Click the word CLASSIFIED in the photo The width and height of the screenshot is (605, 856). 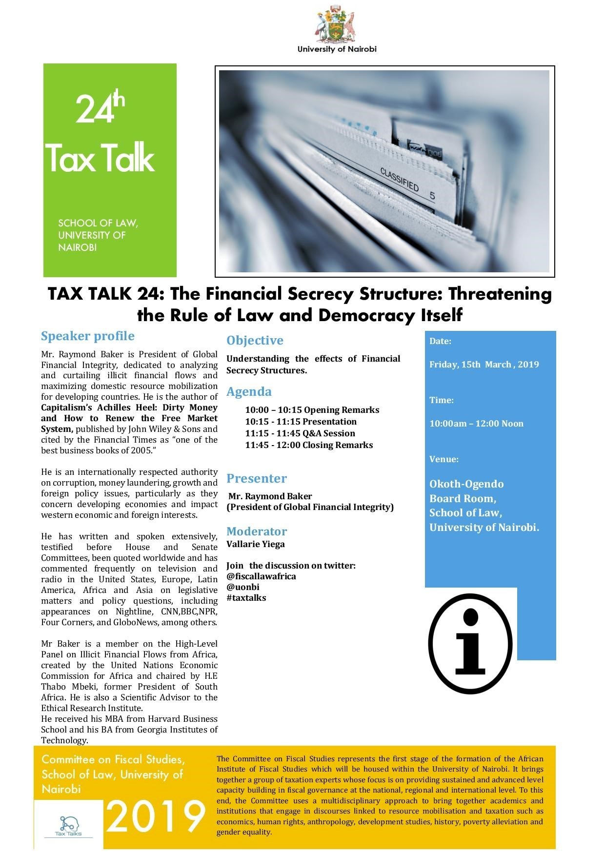click(x=399, y=180)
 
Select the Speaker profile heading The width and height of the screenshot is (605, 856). click(x=88, y=336)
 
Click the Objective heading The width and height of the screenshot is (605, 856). click(x=255, y=341)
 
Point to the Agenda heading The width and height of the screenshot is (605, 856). click(x=249, y=392)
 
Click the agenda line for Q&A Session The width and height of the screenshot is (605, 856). click(x=300, y=433)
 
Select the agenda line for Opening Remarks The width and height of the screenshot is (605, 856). click(x=312, y=410)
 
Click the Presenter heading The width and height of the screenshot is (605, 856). click(x=257, y=478)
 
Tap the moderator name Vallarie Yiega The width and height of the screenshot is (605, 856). click(x=256, y=544)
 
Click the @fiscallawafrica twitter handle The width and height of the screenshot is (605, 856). click(x=261, y=576)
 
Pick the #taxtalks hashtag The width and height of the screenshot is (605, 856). click(x=246, y=598)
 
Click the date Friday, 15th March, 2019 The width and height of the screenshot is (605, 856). click(x=484, y=365)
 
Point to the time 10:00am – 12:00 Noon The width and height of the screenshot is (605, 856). click(x=476, y=424)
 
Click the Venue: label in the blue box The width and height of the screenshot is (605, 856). click(x=444, y=459)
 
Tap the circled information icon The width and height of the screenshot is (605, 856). click(x=470, y=644)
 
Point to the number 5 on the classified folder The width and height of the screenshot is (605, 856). click(x=432, y=196)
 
